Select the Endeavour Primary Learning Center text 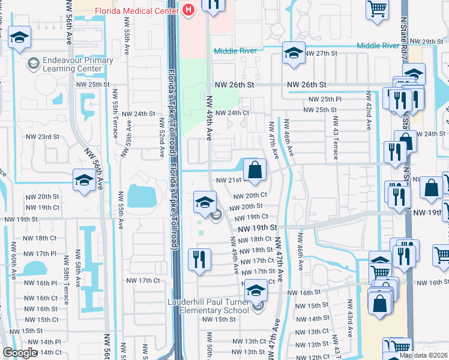(71, 64)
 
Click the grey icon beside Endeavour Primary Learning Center (32, 63)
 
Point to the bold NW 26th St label (306, 85)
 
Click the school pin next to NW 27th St (294, 53)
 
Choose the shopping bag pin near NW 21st (255, 170)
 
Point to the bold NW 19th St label (257, 228)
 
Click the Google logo (19, 353)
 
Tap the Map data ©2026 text (423, 355)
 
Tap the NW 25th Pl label (325, 99)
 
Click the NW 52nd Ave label (161, 137)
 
